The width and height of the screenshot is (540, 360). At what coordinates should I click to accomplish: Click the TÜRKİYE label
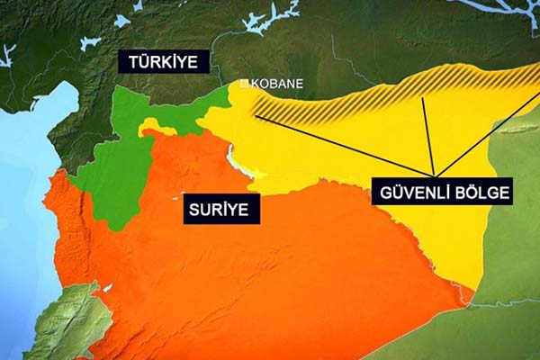click(x=163, y=61)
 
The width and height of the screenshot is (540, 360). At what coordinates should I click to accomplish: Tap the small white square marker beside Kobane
click(x=242, y=84)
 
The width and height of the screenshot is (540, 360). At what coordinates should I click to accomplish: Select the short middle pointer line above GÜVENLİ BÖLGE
click(x=428, y=135)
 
